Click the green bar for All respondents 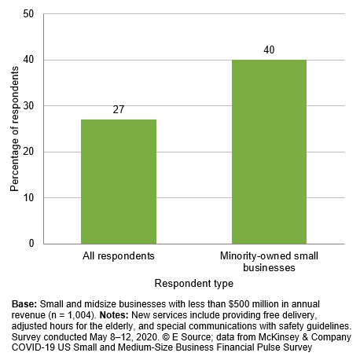119,182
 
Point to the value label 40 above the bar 269,50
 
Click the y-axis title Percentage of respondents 13,129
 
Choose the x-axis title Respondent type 193,283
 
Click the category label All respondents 119,256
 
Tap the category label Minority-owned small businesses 269,262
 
